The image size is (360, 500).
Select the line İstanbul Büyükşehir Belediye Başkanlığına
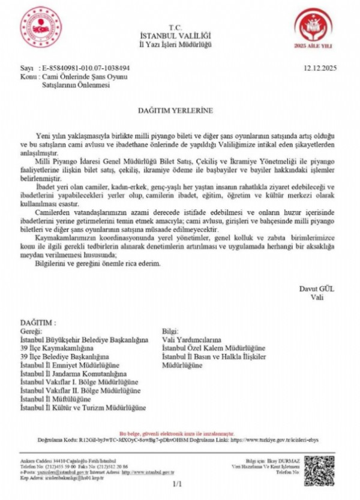pos(84,339)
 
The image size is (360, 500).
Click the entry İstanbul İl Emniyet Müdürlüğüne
pos(73,365)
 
